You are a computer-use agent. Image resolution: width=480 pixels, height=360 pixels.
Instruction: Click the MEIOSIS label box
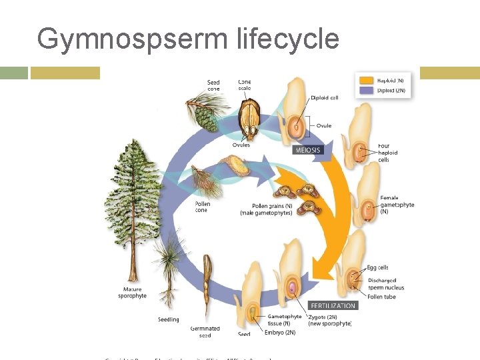pos(307,150)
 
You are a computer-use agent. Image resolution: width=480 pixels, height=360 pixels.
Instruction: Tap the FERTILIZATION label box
pos(333,305)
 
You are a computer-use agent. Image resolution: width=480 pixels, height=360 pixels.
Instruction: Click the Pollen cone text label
pos(202,207)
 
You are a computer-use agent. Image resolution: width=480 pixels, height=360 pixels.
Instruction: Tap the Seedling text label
pos(169,319)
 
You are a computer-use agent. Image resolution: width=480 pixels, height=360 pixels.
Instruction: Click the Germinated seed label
pos(205,331)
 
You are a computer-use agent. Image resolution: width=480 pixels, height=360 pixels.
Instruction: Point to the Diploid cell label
pos(325,98)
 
